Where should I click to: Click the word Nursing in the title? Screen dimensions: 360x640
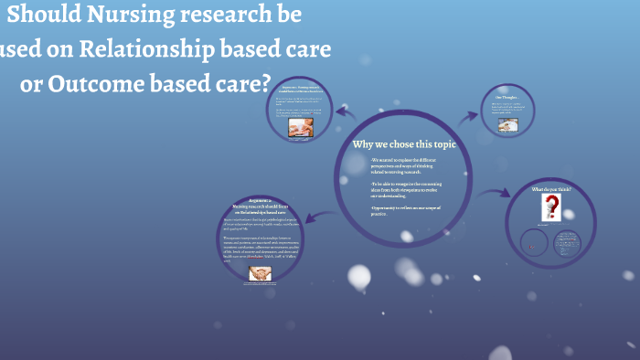[x=153, y=16]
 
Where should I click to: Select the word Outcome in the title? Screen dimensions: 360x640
[x=99, y=82]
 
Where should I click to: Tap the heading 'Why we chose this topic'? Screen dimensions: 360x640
[x=404, y=144]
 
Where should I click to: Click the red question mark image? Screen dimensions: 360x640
[x=551, y=206]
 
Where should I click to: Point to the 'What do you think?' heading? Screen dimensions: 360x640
[x=551, y=189]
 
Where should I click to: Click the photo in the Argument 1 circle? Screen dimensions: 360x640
[x=300, y=129]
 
